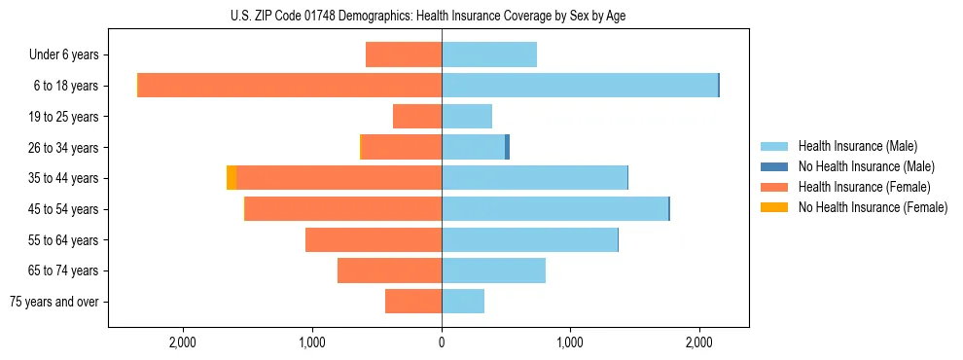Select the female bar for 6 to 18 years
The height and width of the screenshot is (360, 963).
pos(290,86)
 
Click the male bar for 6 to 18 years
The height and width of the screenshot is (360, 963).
pos(580,86)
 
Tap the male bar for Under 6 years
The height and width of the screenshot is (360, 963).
pos(489,54)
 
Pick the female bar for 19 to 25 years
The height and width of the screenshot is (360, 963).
pos(417,117)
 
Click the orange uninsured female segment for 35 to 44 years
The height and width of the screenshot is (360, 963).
pos(232,178)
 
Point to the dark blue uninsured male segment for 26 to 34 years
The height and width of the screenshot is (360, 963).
pos(507,147)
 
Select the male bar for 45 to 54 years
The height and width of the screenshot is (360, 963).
pos(554,209)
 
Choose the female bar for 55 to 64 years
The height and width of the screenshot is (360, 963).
pos(374,240)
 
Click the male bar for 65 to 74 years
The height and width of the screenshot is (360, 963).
pos(493,270)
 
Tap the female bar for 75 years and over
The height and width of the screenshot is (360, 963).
pos(413,302)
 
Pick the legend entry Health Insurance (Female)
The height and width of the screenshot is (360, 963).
pos(864,187)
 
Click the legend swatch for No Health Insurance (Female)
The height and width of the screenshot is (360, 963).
pos(774,207)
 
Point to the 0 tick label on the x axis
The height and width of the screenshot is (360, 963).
pos(442,342)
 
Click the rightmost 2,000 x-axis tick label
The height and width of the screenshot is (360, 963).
pos(699,342)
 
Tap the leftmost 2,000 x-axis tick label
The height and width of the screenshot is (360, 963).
pos(183,342)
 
